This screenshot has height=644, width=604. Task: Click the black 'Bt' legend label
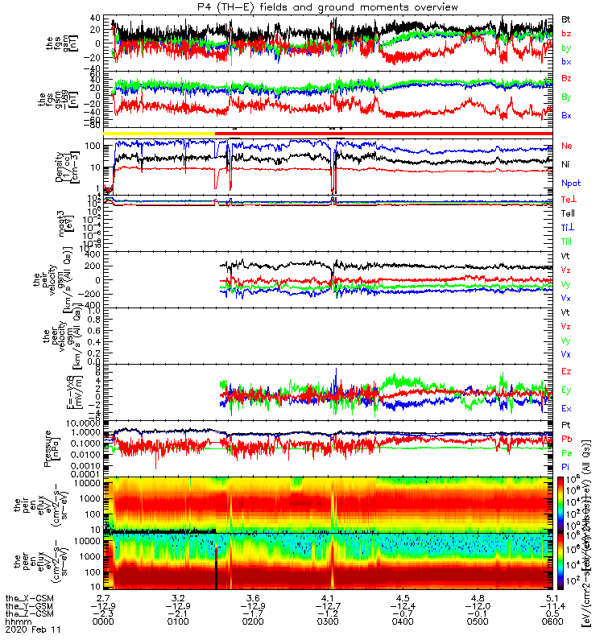coord(566,18)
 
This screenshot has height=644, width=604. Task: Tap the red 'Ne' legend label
coord(566,147)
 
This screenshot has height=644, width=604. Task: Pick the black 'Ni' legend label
coord(565,163)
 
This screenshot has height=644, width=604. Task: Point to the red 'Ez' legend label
coord(566,371)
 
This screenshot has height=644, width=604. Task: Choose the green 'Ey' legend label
coord(566,390)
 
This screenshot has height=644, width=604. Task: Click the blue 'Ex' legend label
coord(566,408)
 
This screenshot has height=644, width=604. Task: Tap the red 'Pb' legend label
coord(566,439)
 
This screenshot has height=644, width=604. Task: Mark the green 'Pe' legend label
coord(566,452)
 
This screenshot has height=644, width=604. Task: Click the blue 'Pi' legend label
coord(565,467)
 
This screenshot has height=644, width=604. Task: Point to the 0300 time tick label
coord(329,622)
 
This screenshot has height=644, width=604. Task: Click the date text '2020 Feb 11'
coord(27,630)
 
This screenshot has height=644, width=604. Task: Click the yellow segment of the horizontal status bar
coord(159,133)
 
